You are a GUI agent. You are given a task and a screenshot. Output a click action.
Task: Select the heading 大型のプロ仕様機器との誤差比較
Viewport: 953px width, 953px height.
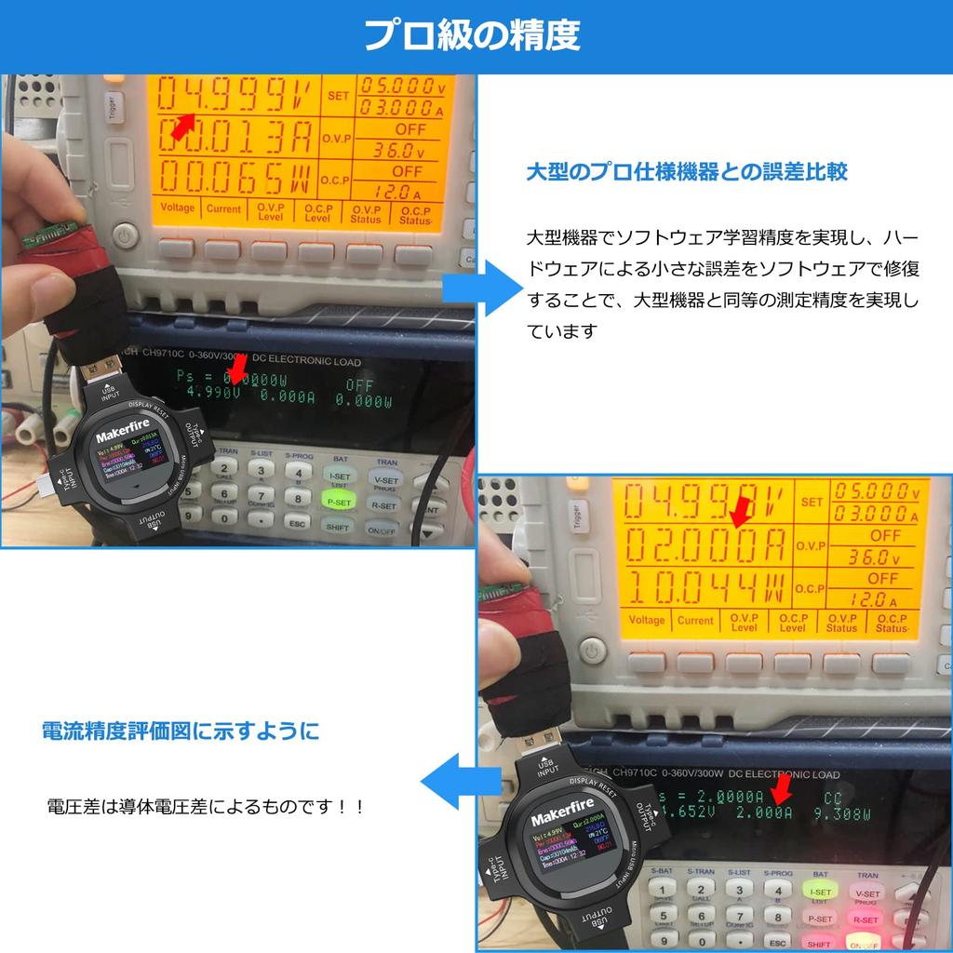tap(687, 172)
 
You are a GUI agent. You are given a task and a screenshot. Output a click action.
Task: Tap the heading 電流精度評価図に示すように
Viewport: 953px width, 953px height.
tap(181, 731)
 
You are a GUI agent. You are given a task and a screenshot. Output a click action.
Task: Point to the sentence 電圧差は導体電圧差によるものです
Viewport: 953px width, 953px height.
tap(205, 806)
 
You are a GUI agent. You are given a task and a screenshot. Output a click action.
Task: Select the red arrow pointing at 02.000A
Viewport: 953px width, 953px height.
tap(741, 511)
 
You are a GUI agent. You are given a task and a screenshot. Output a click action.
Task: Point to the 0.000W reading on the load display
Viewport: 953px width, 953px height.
tap(363, 399)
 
